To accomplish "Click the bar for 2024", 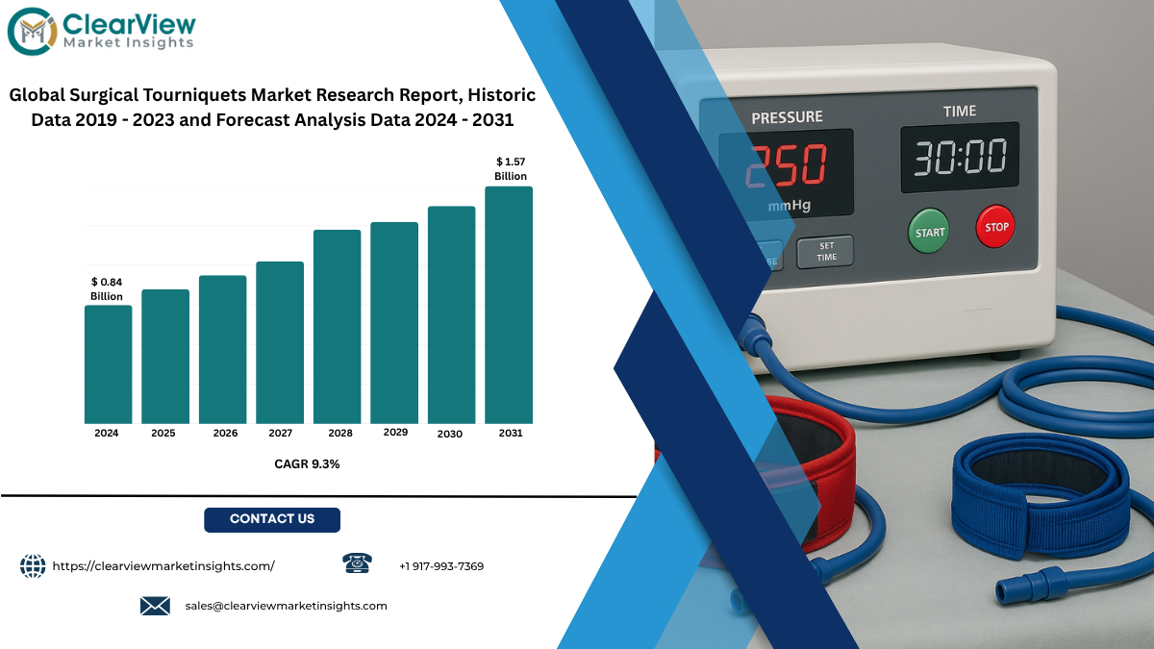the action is [108, 364].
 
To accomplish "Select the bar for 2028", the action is [337, 327].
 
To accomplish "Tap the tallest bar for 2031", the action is [509, 305].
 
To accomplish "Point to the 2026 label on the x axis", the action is [225, 434].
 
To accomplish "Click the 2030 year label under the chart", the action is [450, 435].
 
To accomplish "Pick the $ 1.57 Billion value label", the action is [511, 169].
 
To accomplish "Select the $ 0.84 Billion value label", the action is [107, 289].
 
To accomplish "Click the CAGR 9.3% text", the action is [307, 464].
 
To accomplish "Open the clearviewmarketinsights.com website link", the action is [163, 566].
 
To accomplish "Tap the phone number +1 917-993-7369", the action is [441, 566].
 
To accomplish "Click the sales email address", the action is [286, 607].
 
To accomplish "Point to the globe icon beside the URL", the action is [33, 566].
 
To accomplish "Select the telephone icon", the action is [357, 563].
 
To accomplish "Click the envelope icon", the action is [155, 606].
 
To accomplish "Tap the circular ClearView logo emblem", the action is [32, 32].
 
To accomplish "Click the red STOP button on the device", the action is [995, 227].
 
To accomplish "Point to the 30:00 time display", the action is [960, 157].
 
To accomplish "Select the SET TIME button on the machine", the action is [825, 252].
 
